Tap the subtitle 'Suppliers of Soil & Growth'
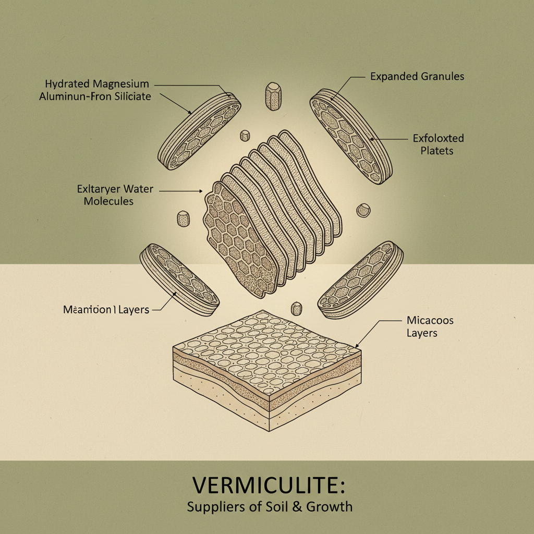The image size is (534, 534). [x=269, y=506]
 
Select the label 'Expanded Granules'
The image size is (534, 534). [x=417, y=77]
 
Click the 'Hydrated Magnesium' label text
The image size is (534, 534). [x=97, y=84]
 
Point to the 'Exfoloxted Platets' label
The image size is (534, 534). [x=438, y=144]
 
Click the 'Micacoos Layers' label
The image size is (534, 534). [x=430, y=326]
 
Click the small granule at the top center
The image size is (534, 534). [x=273, y=95]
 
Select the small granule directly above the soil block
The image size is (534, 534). [x=297, y=308]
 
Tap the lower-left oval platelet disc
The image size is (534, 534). [x=179, y=279]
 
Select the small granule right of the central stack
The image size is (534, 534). [x=363, y=211]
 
